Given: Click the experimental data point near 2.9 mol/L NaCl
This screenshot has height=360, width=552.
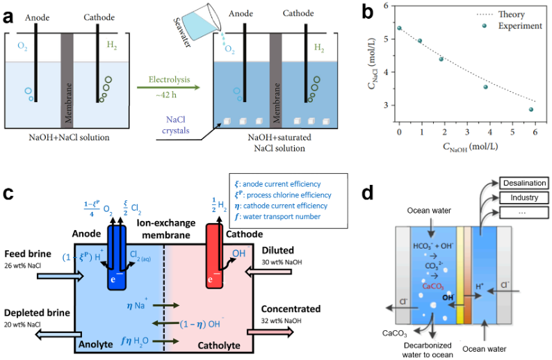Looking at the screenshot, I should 531,109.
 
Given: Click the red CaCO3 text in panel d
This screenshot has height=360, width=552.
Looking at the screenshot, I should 433,286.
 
